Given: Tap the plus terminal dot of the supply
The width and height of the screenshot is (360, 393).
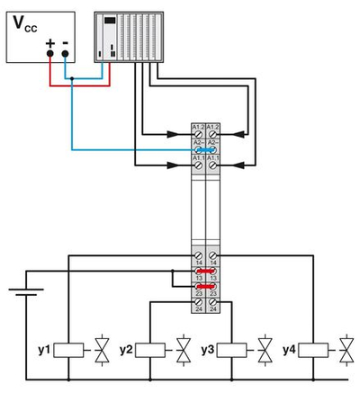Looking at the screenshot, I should coord(50,53).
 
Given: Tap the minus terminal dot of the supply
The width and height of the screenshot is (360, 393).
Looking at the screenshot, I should coord(66,53).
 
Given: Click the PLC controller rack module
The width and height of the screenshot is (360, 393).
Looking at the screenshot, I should coord(130,39).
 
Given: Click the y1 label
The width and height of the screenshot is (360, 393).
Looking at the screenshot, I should coord(42,348).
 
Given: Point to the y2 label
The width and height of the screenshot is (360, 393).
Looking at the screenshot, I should coord(126,348).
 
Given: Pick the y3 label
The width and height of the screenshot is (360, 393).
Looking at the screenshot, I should coord(208,348).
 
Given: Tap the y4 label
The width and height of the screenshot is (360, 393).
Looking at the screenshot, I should coord(290,348).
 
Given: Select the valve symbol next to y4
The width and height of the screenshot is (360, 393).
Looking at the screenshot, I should coord(346,348).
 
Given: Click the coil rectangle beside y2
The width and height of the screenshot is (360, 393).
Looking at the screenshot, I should coord(149,348).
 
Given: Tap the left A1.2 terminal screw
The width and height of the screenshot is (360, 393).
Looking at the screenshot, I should coord(197,135).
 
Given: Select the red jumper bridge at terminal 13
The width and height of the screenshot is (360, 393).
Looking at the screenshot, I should coord(204,268).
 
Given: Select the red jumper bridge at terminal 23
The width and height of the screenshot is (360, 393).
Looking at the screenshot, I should coord(204,287).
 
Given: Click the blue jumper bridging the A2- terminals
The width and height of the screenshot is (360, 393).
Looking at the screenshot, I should coord(204,150).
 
